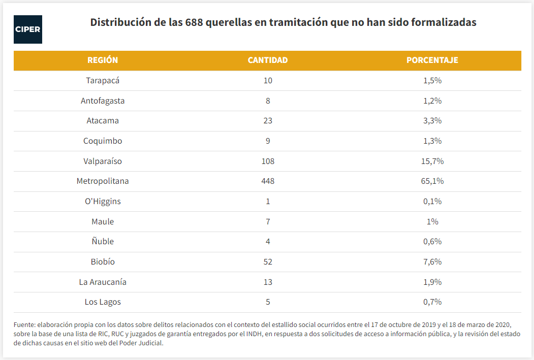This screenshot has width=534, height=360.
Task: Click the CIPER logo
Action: (28, 29)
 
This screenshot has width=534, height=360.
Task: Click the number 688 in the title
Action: (195, 23)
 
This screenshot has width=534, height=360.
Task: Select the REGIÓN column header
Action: (103, 60)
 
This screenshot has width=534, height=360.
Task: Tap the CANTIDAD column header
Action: (268, 60)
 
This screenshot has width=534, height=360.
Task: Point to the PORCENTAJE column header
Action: (432, 60)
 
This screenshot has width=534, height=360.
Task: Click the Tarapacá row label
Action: (103, 81)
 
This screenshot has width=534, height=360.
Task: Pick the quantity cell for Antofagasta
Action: (268, 101)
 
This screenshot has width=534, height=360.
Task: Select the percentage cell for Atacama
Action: (432, 121)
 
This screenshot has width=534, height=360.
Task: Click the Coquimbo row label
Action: (103, 141)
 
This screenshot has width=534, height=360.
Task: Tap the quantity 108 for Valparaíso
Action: (268, 161)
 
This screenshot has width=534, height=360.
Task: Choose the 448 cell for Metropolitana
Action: (268, 181)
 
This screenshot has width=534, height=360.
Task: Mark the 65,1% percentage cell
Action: (432, 181)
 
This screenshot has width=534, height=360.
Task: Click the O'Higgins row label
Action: (103, 202)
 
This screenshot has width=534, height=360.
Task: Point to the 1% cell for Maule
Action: (432, 222)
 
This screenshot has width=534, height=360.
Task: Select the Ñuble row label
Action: (103, 242)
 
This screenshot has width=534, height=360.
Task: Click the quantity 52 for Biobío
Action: (268, 262)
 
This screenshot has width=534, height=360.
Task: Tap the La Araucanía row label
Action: (103, 282)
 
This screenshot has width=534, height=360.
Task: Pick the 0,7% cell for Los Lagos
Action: (432, 302)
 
